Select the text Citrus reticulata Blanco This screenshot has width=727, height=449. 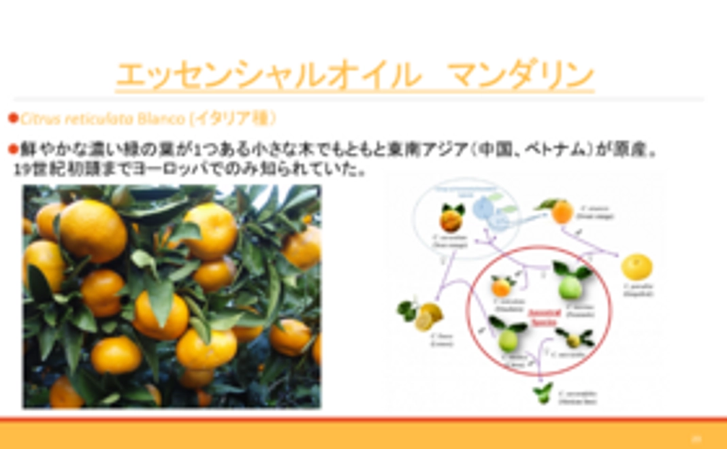pyautogui.click(x=102, y=118)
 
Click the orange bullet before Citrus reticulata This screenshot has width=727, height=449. pyautogui.click(x=12, y=118)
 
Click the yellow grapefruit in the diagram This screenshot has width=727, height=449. pyautogui.click(x=636, y=267)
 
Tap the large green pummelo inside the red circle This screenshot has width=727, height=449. pyautogui.click(x=571, y=286)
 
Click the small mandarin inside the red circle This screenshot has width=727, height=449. pyautogui.click(x=502, y=286)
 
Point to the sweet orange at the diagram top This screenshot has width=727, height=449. pyautogui.click(x=562, y=212)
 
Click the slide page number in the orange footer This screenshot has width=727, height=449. pyautogui.click(x=696, y=439)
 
